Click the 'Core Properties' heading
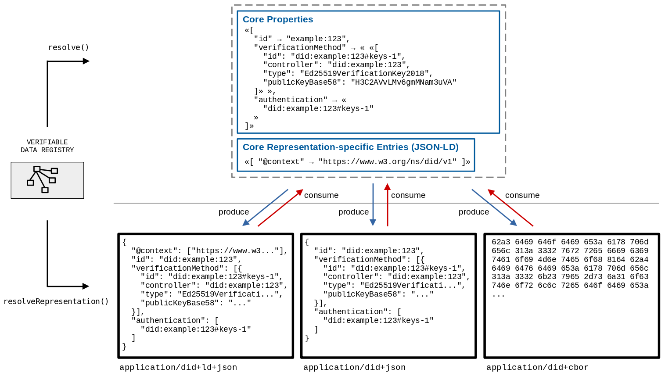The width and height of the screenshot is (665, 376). point(277,19)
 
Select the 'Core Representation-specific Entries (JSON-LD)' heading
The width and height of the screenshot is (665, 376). point(350,147)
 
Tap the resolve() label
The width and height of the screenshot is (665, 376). point(68,47)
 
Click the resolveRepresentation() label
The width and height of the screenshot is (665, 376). point(56,301)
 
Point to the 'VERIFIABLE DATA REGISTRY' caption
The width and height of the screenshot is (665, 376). point(47,146)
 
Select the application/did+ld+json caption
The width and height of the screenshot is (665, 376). point(178,367)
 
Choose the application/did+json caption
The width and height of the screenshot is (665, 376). point(354,367)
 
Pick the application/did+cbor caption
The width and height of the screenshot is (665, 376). point(537,367)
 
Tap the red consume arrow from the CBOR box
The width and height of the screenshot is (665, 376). point(511,208)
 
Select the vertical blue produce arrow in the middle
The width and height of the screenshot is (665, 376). point(373,204)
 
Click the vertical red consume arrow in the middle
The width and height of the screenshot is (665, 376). point(388,205)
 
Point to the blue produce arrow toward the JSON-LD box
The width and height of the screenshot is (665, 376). point(266,208)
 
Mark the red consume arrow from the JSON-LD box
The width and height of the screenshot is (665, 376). point(280,208)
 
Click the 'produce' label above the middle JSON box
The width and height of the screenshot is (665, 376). point(353,212)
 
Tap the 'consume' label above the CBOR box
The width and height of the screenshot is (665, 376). point(522,195)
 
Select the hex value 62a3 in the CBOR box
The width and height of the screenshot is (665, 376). point(501,242)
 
